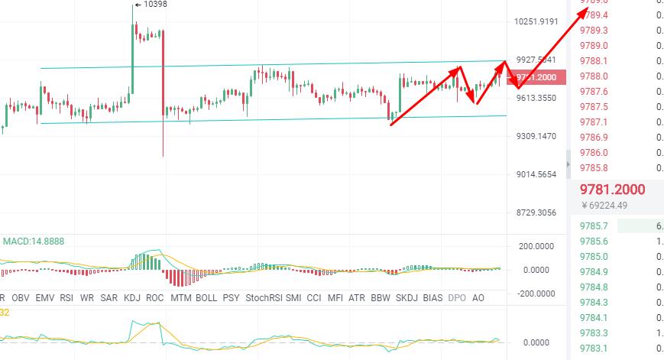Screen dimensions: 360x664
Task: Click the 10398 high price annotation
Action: coord(153,4)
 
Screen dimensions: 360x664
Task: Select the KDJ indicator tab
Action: coord(132,297)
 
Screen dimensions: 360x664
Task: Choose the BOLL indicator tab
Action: coord(206,297)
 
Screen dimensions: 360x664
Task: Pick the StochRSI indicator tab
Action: coord(263,297)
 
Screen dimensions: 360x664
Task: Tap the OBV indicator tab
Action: coord(21,297)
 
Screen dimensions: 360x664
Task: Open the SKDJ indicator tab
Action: coord(406,297)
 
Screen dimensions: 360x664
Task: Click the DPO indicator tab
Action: coord(456,297)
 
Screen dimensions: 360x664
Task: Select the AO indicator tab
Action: coord(479,297)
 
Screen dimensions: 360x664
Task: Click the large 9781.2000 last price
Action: coord(612,190)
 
